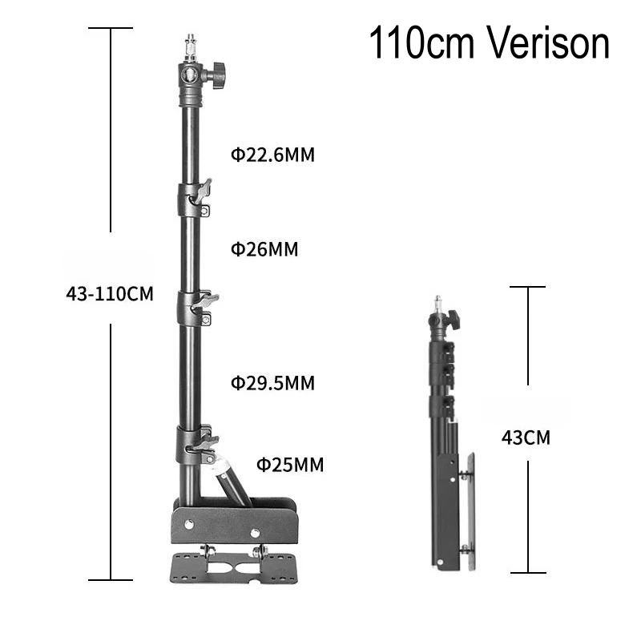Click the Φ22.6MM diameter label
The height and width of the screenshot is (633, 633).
[273, 155]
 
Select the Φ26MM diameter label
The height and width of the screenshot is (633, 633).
[264, 249]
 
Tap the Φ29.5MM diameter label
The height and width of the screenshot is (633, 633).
[273, 382]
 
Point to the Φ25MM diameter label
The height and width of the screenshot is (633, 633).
[290, 464]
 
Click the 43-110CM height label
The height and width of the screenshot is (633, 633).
[110, 293]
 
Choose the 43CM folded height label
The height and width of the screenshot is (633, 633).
[526, 437]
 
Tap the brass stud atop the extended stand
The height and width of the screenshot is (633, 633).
[190, 43]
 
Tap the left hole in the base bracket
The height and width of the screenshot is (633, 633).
[189, 524]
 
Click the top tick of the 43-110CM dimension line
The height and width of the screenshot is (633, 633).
[111, 29]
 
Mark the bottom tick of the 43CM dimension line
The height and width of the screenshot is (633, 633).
[527, 572]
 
